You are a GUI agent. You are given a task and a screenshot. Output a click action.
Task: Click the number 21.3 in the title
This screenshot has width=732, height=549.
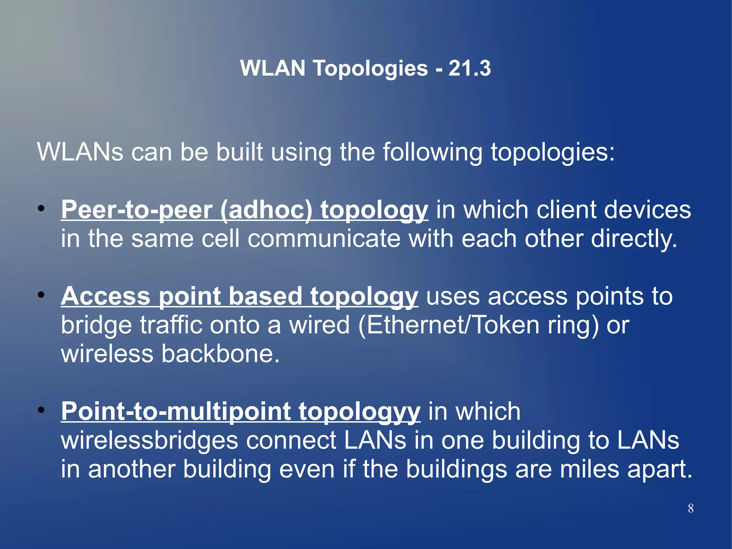(x=469, y=68)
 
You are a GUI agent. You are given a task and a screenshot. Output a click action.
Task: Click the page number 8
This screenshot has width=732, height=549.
(x=691, y=508)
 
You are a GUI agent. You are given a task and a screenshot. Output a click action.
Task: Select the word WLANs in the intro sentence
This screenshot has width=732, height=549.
(x=80, y=152)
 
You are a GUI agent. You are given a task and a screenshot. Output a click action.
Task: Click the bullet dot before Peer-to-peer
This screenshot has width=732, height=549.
(x=41, y=209)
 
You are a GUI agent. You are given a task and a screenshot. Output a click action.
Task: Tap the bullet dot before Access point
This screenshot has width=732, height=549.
(x=41, y=295)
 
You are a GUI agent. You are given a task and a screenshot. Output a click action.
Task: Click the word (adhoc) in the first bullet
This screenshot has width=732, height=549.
(x=266, y=210)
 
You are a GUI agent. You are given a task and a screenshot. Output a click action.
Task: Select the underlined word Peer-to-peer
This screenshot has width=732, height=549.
(x=137, y=210)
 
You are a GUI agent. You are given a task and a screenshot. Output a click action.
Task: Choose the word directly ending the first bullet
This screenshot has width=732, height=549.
(x=634, y=239)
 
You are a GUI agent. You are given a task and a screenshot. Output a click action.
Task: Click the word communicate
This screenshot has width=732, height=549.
(x=324, y=239)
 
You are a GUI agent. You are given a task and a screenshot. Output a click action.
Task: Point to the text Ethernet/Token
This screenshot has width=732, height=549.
(x=452, y=325)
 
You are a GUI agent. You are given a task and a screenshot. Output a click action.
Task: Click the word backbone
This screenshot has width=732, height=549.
(x=220, y=354)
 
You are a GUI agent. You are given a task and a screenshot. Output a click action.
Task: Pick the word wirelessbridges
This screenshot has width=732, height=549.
(x=149, y=440)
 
